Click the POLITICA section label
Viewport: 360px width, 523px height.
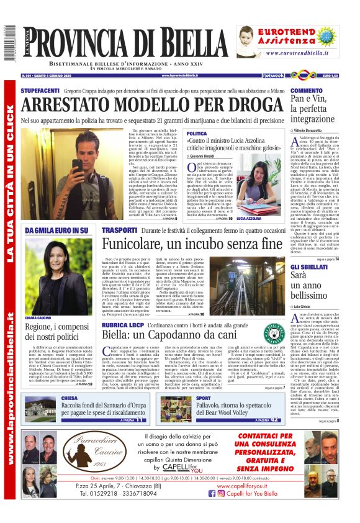tap(197, 134)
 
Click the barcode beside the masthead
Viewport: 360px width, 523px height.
tap(9, 45)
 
